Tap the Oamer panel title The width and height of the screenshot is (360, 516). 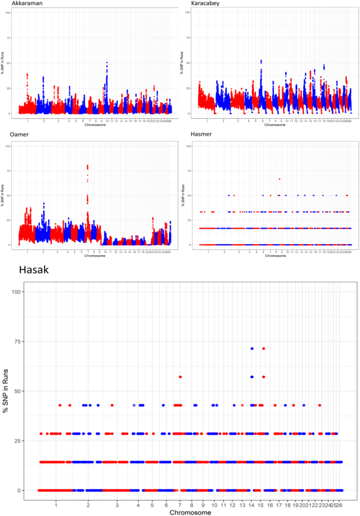19,135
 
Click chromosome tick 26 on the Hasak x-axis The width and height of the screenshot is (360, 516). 340,504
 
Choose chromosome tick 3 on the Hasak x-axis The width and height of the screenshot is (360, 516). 117,504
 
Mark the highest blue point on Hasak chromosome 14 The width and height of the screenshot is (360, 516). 252,349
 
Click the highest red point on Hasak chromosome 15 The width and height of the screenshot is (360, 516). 264,349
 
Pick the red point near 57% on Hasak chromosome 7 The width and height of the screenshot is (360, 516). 180,377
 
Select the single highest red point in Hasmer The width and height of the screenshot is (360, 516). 280,179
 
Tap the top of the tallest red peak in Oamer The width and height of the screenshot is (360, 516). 87,166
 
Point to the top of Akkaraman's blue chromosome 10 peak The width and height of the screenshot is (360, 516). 107,63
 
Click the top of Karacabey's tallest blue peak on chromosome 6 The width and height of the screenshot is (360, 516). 261,60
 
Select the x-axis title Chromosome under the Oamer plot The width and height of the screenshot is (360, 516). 95,256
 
